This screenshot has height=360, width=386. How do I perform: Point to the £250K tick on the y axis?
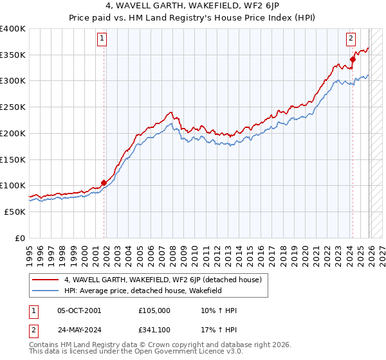[x=13, y=107]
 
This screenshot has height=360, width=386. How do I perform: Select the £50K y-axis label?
[x=15, y=212]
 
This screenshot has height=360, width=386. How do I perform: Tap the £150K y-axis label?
[x=13, y=159]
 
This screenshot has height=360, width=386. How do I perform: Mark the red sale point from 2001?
[x=104, y=183]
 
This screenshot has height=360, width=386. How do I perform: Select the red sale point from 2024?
[x=353, y=59]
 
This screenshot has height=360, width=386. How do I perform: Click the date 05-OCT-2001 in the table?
[x=79, y=310]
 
